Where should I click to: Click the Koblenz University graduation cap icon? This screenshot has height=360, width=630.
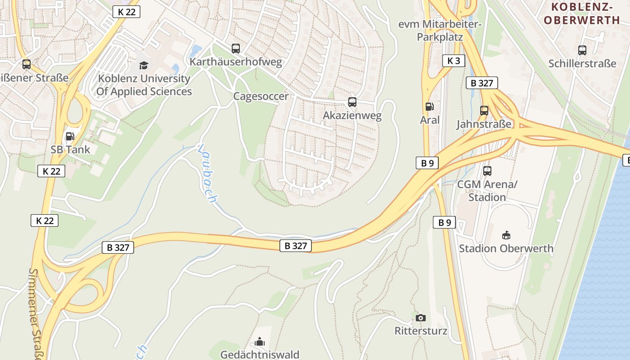144,66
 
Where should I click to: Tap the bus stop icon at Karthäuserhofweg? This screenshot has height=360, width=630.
235,49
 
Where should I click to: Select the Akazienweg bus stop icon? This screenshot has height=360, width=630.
352,102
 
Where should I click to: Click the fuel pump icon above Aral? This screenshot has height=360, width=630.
430,107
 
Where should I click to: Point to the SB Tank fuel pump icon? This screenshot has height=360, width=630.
70,136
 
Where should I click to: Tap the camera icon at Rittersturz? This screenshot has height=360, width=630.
421,318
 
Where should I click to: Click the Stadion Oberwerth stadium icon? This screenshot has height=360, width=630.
506,235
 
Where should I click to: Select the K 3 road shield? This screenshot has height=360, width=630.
454,61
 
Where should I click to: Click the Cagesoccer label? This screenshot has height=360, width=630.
261,96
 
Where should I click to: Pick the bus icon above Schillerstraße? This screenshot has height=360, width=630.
582,50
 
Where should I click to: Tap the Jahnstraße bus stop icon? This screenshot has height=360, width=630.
484,110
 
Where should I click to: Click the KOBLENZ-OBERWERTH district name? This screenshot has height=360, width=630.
582,13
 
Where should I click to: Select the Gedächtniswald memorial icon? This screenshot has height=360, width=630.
260,342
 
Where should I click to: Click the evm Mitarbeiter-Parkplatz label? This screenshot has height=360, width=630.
440,30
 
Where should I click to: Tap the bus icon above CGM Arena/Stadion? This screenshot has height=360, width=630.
487,171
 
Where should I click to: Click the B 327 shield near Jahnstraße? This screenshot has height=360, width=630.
482,83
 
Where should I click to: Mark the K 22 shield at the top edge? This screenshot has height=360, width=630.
126,12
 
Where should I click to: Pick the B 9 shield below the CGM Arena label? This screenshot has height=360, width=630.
445,222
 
